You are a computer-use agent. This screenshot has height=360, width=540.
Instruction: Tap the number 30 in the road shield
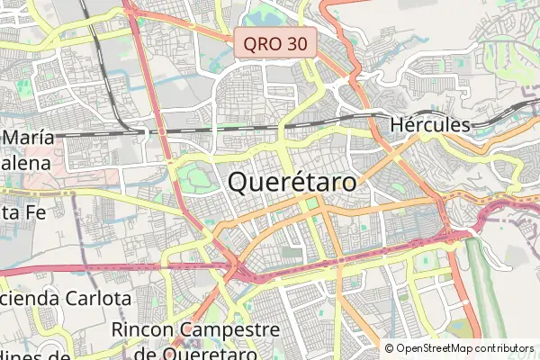coord(298,43)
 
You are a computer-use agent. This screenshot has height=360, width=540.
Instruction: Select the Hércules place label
coord(431,125)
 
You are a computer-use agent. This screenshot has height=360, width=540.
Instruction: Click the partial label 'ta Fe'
coord(20,212)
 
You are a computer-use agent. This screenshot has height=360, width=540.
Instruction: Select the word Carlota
coord(98,298)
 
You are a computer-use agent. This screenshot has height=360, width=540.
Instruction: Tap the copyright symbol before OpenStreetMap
coord(390,348)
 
